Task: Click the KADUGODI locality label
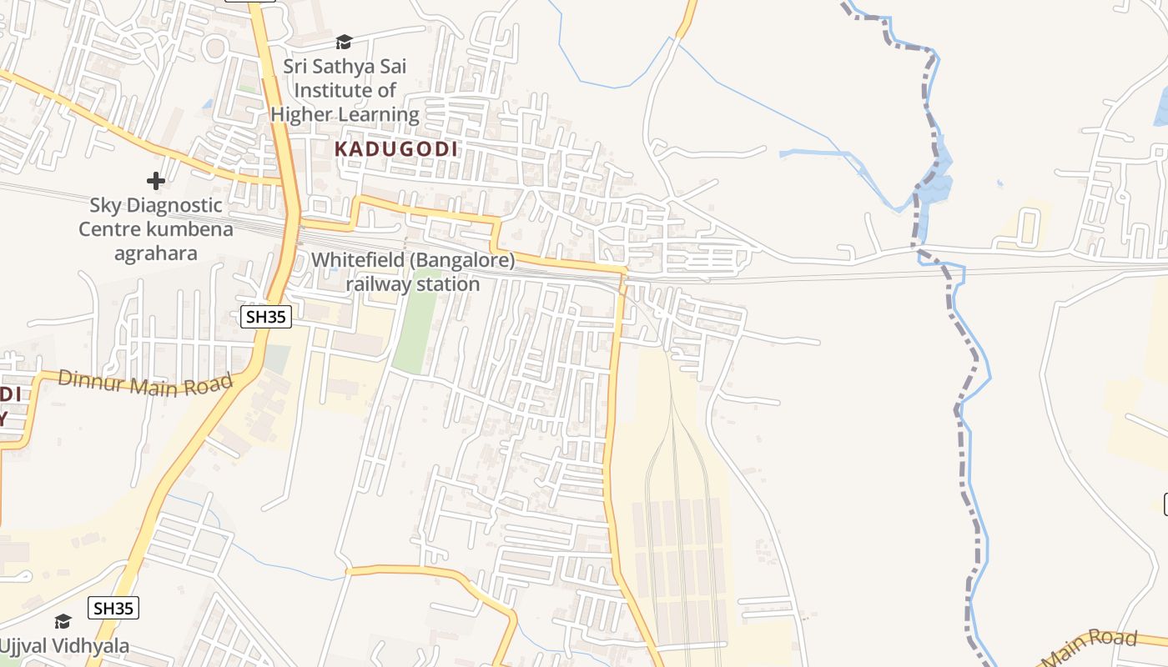[396, 149]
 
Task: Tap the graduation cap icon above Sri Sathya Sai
[344, 42]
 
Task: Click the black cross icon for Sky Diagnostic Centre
[155, 180]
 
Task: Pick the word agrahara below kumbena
[157, 253]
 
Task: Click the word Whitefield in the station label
[357, 260]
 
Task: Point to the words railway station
[413, 284]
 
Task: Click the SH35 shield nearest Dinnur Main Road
[266, 317]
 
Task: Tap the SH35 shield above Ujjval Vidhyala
[114, 608]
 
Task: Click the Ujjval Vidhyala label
[64, 645]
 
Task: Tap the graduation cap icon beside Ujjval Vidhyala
[63, 621]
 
